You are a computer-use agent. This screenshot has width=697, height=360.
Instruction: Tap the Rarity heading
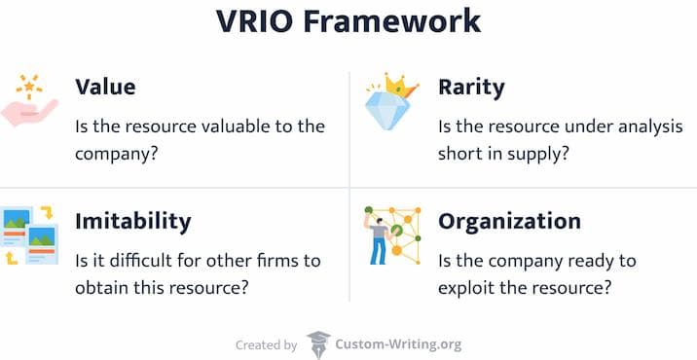[x=471, y=87]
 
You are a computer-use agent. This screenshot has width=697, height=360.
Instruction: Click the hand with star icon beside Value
[x=32, y=101]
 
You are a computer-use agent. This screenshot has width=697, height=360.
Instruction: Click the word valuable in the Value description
[x=242, y=126]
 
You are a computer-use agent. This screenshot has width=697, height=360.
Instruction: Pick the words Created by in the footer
[x=266, y=344]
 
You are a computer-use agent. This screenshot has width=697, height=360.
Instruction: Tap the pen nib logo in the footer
[x=318, y=344]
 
